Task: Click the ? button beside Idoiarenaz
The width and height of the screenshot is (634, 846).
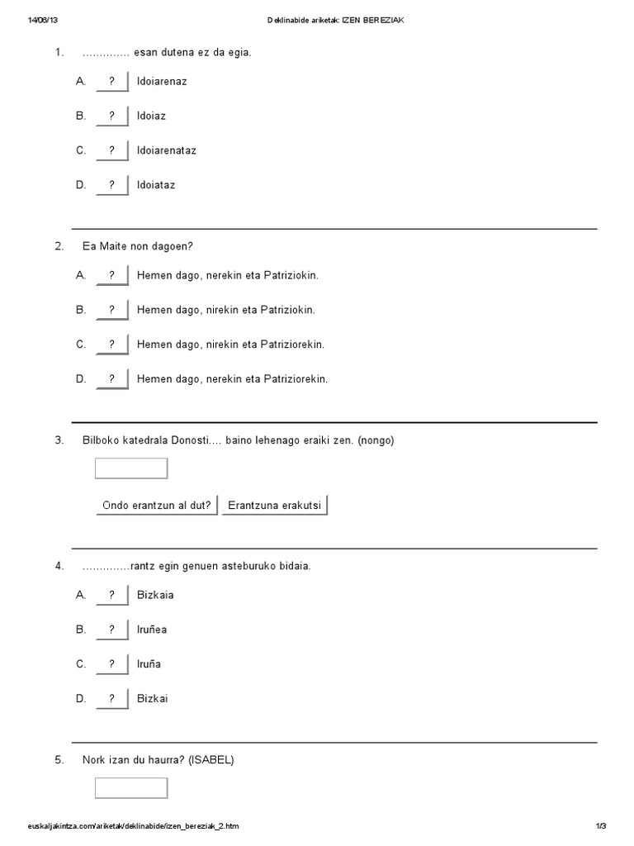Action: point(111,82)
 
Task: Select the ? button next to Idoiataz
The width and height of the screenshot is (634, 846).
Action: point(111,186)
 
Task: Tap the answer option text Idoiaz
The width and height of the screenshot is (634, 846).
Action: point(151,116)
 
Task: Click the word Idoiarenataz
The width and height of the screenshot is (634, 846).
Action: point(166,151)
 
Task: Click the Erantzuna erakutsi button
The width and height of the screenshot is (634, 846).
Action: point(275,506)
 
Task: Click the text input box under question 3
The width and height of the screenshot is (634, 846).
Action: point(131,468)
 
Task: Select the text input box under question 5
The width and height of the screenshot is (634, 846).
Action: point(131,788)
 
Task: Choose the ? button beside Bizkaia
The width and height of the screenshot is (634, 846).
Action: point(111,595)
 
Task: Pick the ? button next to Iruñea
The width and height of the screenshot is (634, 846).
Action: point(111,630)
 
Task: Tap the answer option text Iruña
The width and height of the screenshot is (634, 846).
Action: point(149,664)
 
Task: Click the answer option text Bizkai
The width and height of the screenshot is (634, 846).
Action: point(152,699)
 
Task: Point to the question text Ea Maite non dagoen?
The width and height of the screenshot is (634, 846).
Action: point(137,246)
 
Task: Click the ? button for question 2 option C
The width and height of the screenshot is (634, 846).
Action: point(111,345)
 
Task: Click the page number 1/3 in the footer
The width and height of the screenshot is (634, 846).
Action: point(600,826)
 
